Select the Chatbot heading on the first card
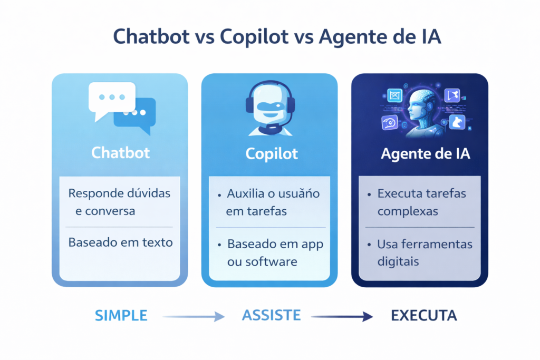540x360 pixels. [x=120, y=153]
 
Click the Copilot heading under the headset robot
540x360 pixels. [x=272, y=154]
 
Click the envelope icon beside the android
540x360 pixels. [x=394, y=95]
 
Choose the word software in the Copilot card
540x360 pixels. [x=269, y=262]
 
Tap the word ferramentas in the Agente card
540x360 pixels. [x=437, y=244]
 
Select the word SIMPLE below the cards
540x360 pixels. [x=121, y=316]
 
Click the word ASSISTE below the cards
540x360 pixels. [x=271, y=316]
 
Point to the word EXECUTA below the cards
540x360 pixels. [x=423, y=316]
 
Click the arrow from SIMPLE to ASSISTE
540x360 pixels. [x=194, y=316]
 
